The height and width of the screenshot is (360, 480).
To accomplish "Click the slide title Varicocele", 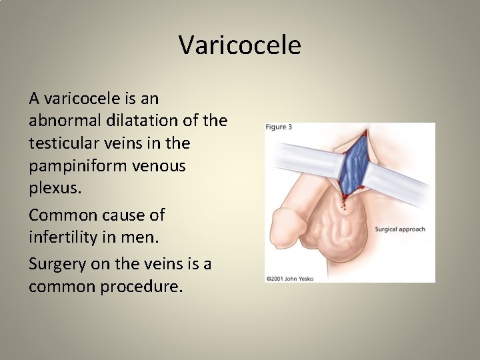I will point(240,45).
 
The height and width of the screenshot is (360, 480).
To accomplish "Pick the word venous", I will point(162,166).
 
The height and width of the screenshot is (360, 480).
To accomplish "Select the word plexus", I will point(55,189).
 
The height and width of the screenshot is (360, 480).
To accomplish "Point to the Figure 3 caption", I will point(279,127).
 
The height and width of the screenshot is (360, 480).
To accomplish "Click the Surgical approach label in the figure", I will point(400,229).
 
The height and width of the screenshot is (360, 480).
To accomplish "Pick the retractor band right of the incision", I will point(400,187).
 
